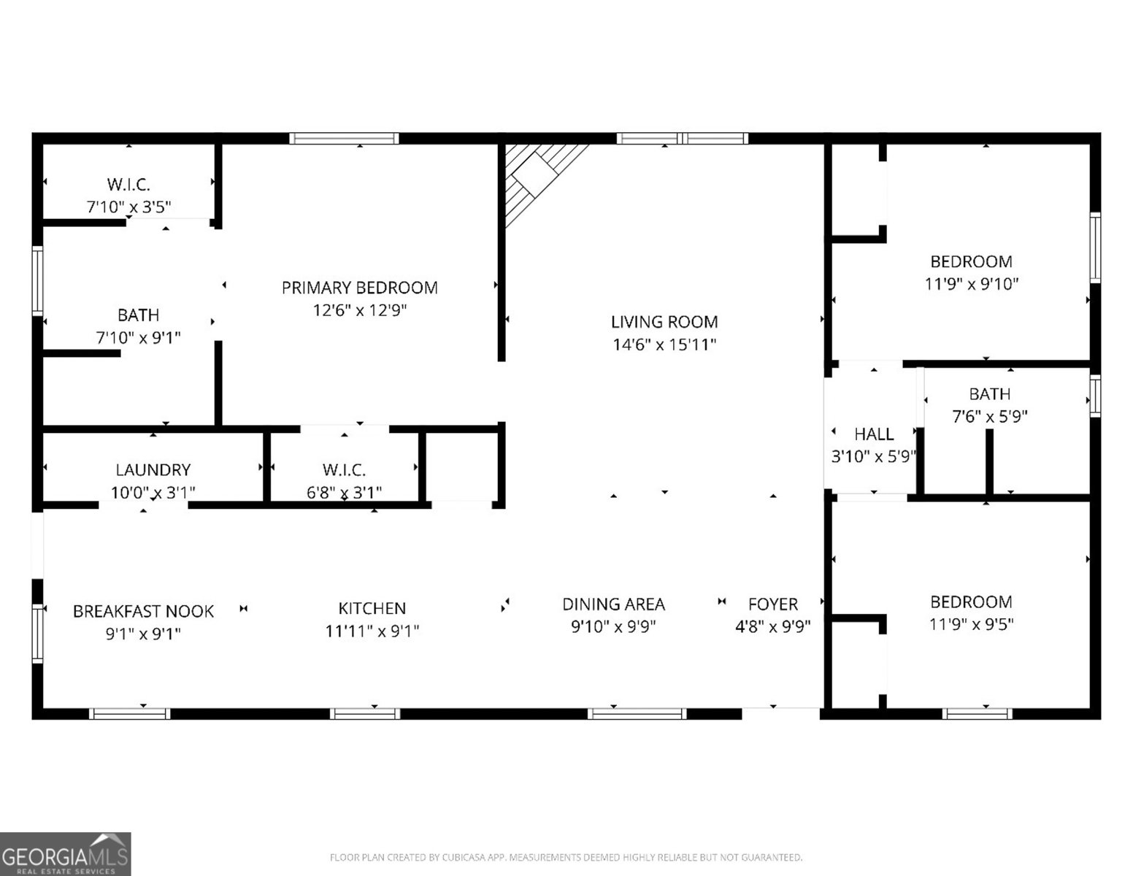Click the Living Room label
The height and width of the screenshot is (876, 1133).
(x=664, y=322)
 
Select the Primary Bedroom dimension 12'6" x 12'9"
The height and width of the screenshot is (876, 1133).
(x=359, y=310)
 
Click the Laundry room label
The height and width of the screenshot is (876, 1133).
(x=153, y=469)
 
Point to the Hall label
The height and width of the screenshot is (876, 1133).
(x=874, y=434)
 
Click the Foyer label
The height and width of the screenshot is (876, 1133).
(x=772, y=604)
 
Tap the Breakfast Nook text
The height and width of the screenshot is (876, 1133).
(x=143, y=611)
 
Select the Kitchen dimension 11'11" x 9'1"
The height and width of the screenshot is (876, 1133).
(x=372, y=631)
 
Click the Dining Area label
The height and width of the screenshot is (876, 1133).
(x=613, y=604)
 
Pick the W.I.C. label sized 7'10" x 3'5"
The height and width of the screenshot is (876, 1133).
(x=128, y=185)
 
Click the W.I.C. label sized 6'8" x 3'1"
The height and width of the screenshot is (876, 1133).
(x=344, y=469)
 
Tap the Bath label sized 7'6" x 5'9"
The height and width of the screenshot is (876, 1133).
(x=989, y=394)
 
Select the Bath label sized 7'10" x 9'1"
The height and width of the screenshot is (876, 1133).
(x=138, y=315)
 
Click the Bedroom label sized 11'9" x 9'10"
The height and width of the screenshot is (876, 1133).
(x=971, y=261)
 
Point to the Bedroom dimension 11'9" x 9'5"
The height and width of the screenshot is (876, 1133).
(x=971, y=624)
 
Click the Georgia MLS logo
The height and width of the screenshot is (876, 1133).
(x=66, y=853)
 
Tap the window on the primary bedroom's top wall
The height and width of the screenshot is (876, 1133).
(x=344, y=139)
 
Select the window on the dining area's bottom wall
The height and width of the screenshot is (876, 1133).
(x=637, y=713)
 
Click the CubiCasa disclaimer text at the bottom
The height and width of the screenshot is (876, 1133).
(x=566, y=857)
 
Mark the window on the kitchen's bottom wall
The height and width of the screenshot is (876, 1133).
(x=366, y=713)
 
